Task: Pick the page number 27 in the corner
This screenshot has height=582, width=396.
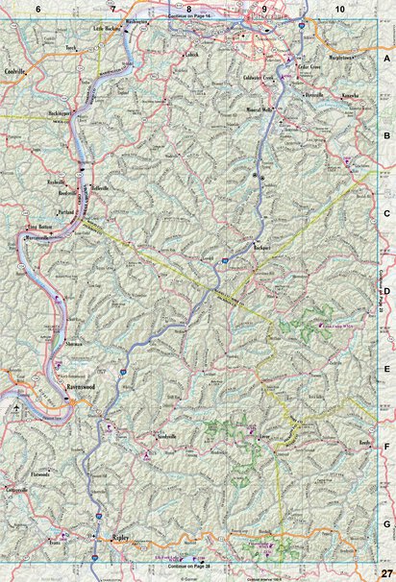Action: pyautogui.click(x=386, y=572)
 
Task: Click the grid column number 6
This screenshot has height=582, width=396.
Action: pyautogui.click(x=37, y=9)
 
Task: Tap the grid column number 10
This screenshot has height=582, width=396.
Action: pyautogui.click(x=339, y=9)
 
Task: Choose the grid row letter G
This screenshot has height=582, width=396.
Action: pyautogui.click(x=386, y=524)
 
